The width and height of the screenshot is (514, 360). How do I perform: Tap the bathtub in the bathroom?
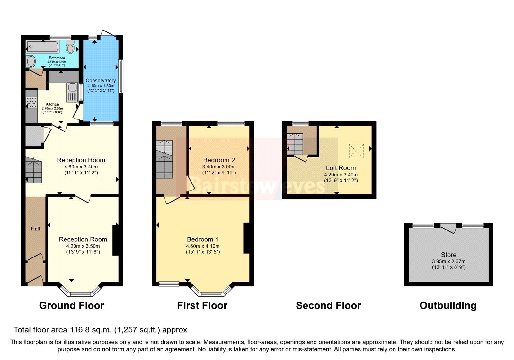43,47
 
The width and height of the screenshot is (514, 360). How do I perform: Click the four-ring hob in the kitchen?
31,103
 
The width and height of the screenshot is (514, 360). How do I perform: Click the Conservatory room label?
101,80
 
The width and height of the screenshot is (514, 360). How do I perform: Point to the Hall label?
35,229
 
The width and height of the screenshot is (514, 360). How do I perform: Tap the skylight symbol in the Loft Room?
356,151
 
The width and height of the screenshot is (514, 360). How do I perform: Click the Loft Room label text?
341,168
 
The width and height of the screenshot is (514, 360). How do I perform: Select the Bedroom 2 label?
219,160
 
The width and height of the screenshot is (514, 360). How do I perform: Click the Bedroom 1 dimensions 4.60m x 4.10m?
203,246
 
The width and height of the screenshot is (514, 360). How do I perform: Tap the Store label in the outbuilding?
448,255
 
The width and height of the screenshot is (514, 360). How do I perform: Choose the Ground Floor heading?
72,305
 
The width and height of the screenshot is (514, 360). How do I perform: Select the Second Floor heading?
328,305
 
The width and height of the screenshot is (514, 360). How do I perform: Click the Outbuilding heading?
448,305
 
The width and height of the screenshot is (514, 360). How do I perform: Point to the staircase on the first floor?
164,159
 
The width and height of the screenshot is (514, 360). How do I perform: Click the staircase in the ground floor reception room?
33,170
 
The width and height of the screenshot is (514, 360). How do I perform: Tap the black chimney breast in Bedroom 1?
246,238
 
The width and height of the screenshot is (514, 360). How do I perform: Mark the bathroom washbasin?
31,61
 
